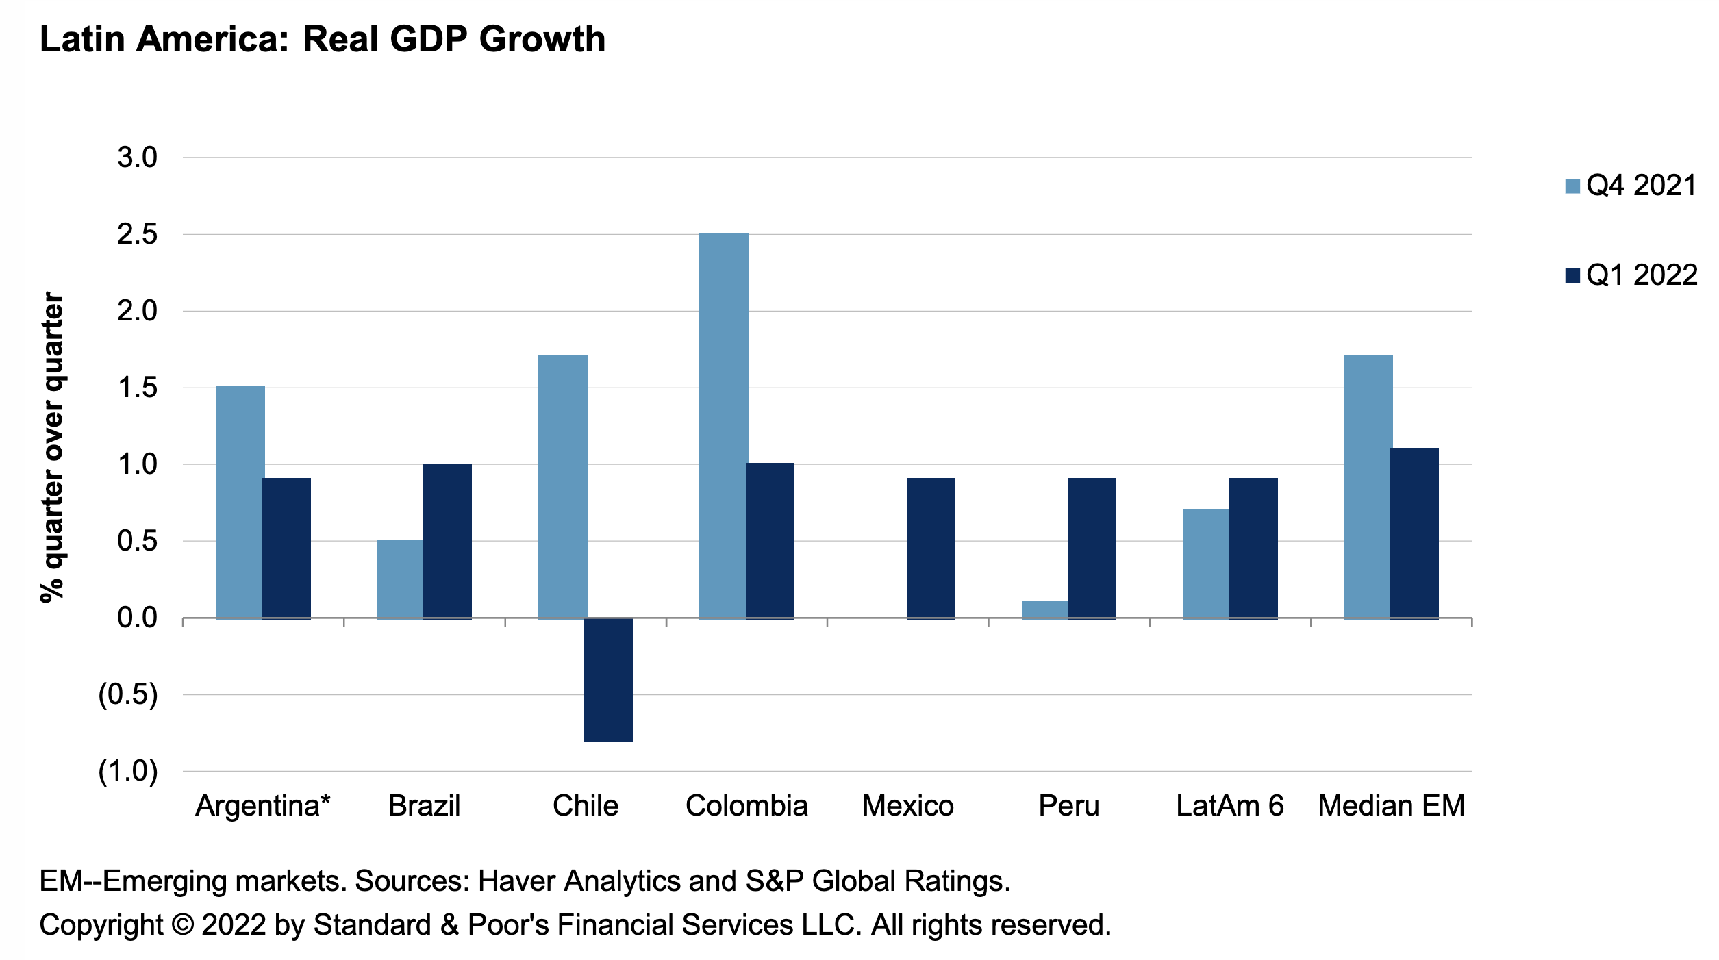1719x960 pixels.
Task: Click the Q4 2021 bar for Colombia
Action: click(723, 425)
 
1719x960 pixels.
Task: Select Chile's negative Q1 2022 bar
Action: click(608, 679)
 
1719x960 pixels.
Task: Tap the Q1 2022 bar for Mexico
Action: click(931, 548)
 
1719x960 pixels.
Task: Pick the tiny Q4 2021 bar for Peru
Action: click(1044, 610)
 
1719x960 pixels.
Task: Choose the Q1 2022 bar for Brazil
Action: click(447, 541)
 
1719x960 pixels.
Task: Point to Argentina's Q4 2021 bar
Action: click(240, 502)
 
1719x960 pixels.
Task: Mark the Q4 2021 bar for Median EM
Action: click(1368, 487)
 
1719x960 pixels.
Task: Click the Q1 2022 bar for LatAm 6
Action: click(1253, 548)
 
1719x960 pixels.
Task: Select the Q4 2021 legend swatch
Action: click(1572, 186)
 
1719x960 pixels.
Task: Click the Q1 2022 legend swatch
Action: click(1572, 276)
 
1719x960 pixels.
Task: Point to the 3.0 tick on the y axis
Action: click(137, 157)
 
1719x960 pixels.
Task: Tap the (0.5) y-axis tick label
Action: click(128, 694)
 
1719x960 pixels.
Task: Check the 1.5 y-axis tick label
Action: click(137, 388)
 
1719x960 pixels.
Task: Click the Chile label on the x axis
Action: click(586, 806)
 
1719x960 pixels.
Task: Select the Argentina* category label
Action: click(263, 806)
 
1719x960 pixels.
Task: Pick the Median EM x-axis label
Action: click(1391, 806)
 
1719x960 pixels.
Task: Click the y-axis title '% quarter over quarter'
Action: click(53, 447)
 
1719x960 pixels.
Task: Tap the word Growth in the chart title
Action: click(542, 39)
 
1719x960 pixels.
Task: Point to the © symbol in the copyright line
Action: click(182, 925)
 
